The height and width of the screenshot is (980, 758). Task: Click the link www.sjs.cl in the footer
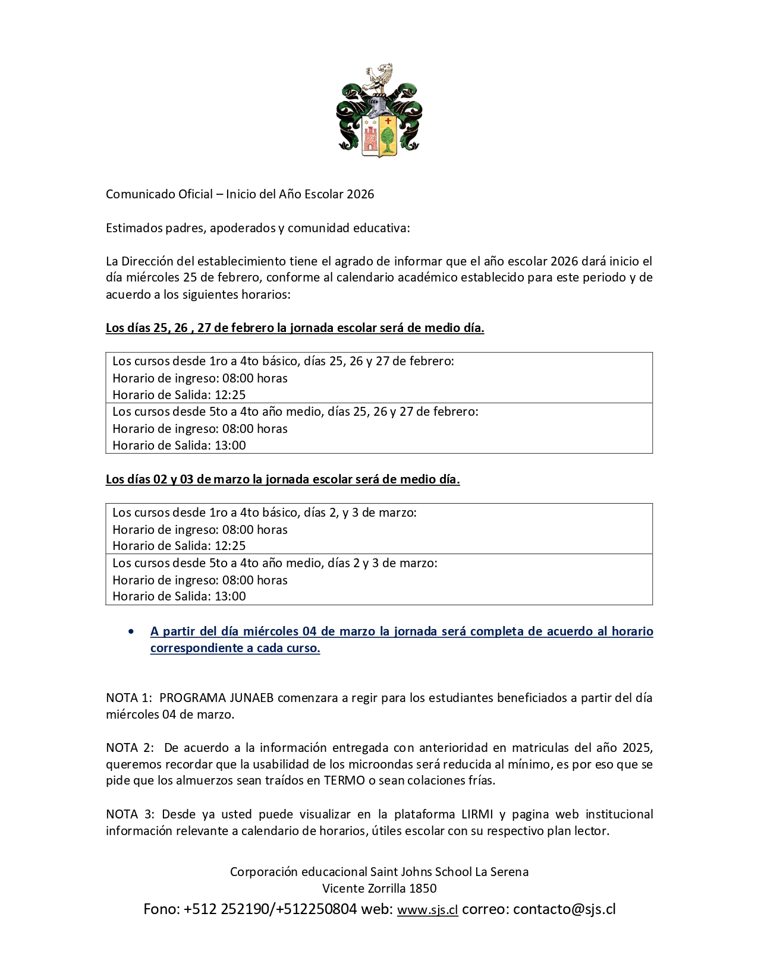click(427, 910)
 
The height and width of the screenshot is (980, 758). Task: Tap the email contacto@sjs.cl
click(564, 909)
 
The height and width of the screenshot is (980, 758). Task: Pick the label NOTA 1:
click(129, 698)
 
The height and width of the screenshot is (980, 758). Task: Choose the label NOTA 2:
click(130, 747)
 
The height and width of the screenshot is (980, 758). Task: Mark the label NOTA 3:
click(130, 814)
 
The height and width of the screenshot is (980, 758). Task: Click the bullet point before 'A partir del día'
click(131, 631)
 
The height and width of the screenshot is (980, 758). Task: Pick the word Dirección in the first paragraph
click(157, 261)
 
